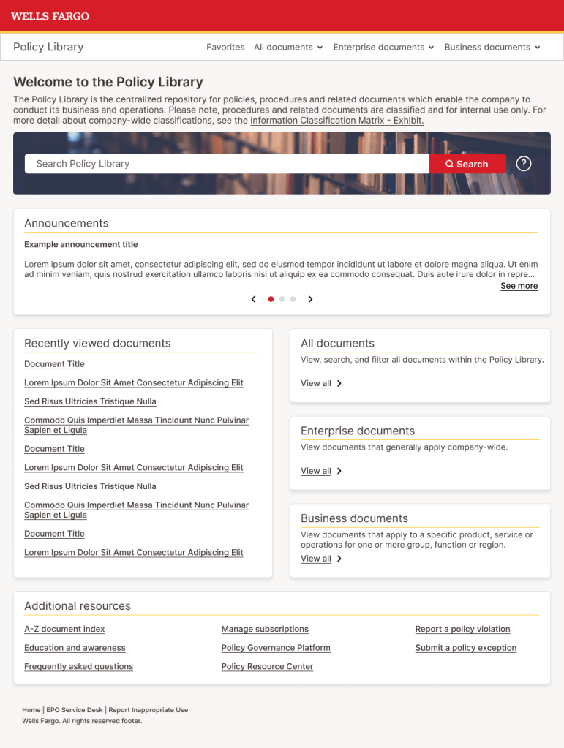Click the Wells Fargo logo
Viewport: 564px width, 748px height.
pyautogui.click(x=50, y=16)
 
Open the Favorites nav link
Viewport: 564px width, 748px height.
pyautogui.click(x=225, y=47)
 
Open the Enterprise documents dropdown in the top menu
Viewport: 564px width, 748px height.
pyautogui.click(x=383, y=47)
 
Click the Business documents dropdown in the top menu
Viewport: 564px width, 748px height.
pyautogui.click(x=492, y=47)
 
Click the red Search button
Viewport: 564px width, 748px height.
pyautogui.click(x=467, y=164)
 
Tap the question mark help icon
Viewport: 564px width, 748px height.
pyautogui.click(x=524, y=164)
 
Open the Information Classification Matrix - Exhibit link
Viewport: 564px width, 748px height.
pyautogui.click(x=336, y=121)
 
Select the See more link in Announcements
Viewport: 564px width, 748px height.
pyautogui.click(x=519, y=286)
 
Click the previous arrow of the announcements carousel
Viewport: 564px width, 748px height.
pyautogui.click(x=254, y=299)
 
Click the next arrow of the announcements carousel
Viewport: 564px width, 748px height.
pyautogui.click(x=310, y=299)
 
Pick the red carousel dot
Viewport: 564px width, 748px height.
pyautogui.click(x=271, y=299)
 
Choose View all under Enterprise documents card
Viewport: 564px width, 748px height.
pyautogui.click(x=316, y=471)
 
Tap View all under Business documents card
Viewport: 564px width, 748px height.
pyautogui.click(x=316, y=559)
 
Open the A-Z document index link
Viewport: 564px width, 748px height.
pyautogui.click(x=64, y=629)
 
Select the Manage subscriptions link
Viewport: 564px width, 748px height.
pyautogui.click(x=265, y=629)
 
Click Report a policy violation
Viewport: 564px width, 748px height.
pyautogui.click(x=462, y=629)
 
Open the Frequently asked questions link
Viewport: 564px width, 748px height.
pyautogui.click(x=78, y=666)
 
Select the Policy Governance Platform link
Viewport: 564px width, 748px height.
pyautogui.click(x=276, y=648)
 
